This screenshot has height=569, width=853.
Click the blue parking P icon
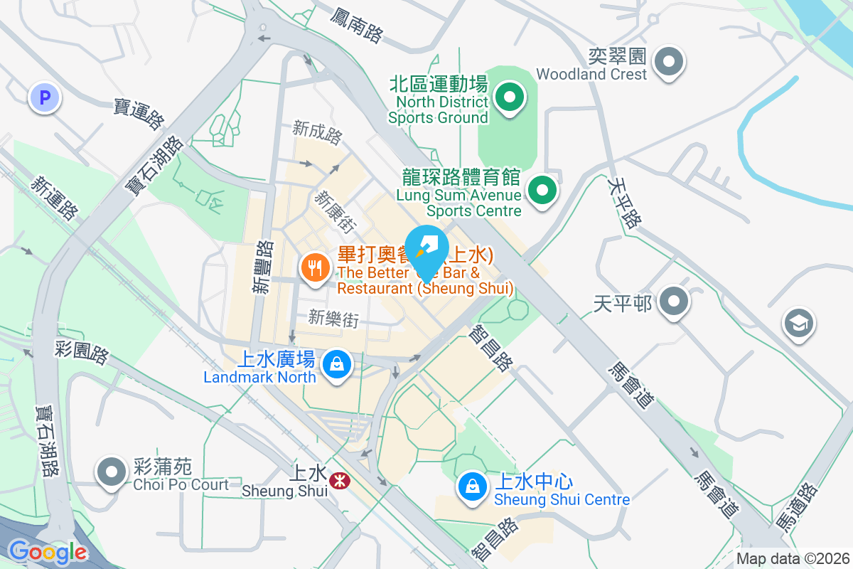(x=45, y=98)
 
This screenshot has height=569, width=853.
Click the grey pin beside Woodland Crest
(x=668, y=62)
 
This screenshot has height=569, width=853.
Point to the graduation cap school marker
(x=799, y=324)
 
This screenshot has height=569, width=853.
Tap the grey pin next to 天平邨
(x=672, y=302)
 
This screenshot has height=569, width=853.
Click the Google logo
(x=48, y=552)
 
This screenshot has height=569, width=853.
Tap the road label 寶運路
(x=138, y=114)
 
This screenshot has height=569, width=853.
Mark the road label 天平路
(x=624, y=202)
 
